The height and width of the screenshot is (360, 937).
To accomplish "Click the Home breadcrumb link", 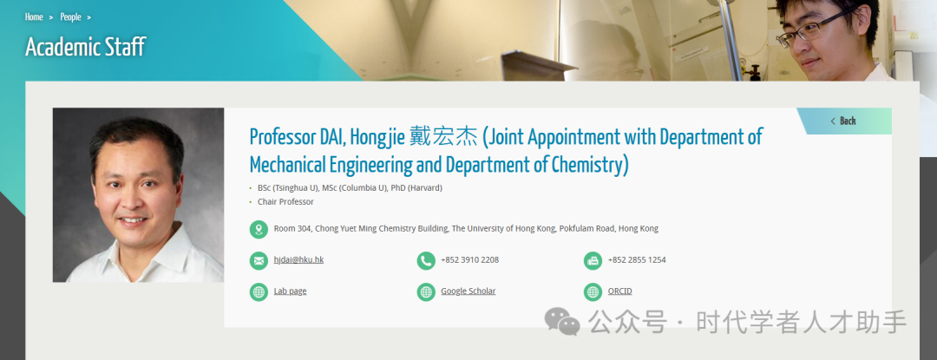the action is tap(34, 16).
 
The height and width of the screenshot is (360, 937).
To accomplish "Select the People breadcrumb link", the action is tap(70, 16).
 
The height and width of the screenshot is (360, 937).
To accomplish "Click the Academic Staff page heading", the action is tap(85, 47).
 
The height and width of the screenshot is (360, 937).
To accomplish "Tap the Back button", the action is tap(843, 121).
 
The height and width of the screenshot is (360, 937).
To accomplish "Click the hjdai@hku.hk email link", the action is tap(298, 259).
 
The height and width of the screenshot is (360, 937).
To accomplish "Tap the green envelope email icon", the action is tap(259, 261).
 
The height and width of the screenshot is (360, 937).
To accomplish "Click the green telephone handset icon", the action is tap(426, 261).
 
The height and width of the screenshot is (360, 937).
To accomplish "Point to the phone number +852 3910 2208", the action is tap(469, 259).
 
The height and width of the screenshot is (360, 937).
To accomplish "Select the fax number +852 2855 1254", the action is tap(637, 259).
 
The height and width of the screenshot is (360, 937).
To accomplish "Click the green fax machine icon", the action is tap(593, 261).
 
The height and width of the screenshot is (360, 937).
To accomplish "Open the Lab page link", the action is tap(291, 291).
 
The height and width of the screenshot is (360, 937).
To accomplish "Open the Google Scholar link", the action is tap(468, 291).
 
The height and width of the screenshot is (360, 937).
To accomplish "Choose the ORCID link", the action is tap(619, 291).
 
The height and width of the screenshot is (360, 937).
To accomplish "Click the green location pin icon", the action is tap(259, 229).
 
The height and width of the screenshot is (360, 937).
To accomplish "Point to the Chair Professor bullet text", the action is tap(285, 202).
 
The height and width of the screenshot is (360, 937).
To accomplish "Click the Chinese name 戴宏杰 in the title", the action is tap(444, 137).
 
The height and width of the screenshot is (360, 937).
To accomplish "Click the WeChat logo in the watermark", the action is tap(561, 322).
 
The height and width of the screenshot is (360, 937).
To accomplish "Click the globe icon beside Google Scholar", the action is tap(426, 292).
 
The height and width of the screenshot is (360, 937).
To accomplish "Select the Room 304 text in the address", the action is tap(292, 228).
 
